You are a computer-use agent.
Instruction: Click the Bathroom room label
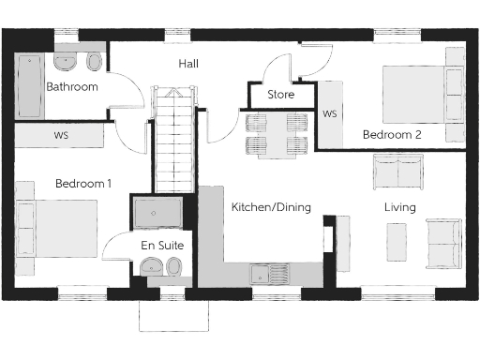tap(72, 87)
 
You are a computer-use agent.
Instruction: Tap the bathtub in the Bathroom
tap(30, 86)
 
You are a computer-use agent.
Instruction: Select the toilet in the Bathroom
tap(93, 62)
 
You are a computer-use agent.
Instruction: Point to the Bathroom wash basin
tap(66, 62)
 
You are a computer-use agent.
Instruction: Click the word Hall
tap(188, 64)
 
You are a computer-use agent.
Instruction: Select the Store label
tap(280, 95)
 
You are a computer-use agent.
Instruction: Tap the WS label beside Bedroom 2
tap(329, 114)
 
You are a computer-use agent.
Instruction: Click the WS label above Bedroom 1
tap(61, 136)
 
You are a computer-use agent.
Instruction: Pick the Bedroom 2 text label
tap(392, 135)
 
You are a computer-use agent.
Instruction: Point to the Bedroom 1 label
tap(82, 184)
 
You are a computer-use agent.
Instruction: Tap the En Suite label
tap(161, 245)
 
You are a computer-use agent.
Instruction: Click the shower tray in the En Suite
tap(161, 214)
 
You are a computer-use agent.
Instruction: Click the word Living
tap(399, 207)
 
